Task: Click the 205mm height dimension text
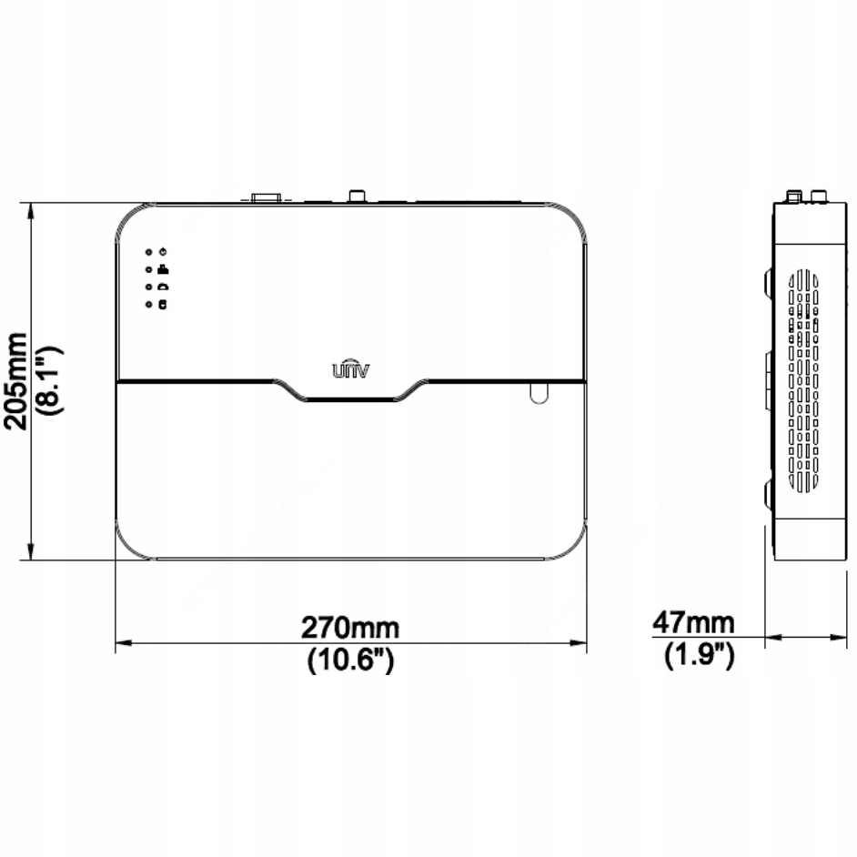point(16,380)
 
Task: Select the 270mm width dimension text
point(350,628)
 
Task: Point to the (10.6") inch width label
point(350,660)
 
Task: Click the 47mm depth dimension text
point(693,623)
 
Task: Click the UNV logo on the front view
point(349,368)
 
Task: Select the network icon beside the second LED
point(162,268)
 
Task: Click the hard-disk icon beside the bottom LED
point(162,304)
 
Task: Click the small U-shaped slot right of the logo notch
point(537,391)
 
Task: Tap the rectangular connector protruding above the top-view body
point(266,196)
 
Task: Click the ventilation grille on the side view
point(804,382)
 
